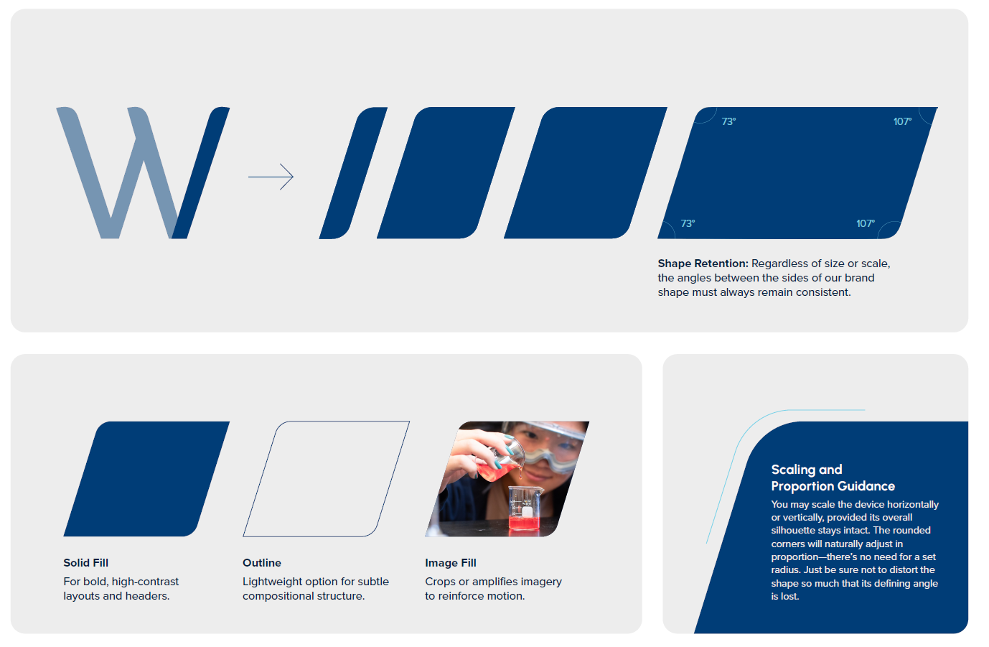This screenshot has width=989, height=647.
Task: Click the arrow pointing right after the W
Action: [271, 177]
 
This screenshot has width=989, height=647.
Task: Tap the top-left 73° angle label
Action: [728, 122]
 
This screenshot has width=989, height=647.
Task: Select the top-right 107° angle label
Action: [902, 122]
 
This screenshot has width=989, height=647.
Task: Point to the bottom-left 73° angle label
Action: [688, 224]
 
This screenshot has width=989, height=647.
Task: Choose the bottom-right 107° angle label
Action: [865, 224]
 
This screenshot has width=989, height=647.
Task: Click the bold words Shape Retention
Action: [703, 264]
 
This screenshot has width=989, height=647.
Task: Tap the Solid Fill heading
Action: [86, 563]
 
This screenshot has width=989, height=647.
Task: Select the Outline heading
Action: [262, 563]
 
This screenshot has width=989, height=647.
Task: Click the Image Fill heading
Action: [451, 563]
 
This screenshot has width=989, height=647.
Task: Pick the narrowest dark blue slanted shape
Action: [353, 172]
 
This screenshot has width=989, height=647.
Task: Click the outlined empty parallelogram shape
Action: [326, 479]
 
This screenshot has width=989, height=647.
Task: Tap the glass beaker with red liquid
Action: [525, 508]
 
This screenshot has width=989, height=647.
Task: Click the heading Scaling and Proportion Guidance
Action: [833, 478]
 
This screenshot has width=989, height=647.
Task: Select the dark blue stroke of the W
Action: [202, 172]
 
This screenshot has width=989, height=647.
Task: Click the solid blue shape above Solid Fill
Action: [146, 479]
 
